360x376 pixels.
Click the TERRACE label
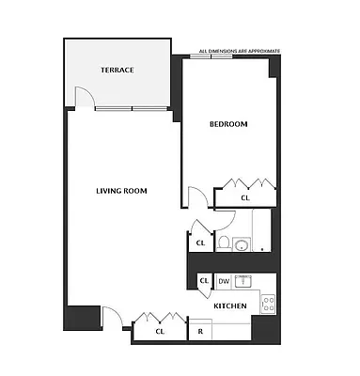[x=118, y=70]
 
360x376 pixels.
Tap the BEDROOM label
[x=227, y=124]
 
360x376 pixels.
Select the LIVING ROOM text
[x=122, y=192]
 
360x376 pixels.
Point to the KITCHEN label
[x=229, y=307]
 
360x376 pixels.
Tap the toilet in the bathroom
[x=224, y=243]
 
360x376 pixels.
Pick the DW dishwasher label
[x=224, y=281]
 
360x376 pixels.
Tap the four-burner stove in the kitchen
[x=267, y=303]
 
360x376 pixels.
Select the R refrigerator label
[x=200, y=332]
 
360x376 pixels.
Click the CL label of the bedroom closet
[x=245, y=197]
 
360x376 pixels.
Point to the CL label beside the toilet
[x=200, y=243]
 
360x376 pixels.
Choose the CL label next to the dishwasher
[x=204, y=281]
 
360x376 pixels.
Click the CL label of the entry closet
[x=160, y=332]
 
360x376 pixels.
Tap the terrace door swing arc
[x=82, y=94]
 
